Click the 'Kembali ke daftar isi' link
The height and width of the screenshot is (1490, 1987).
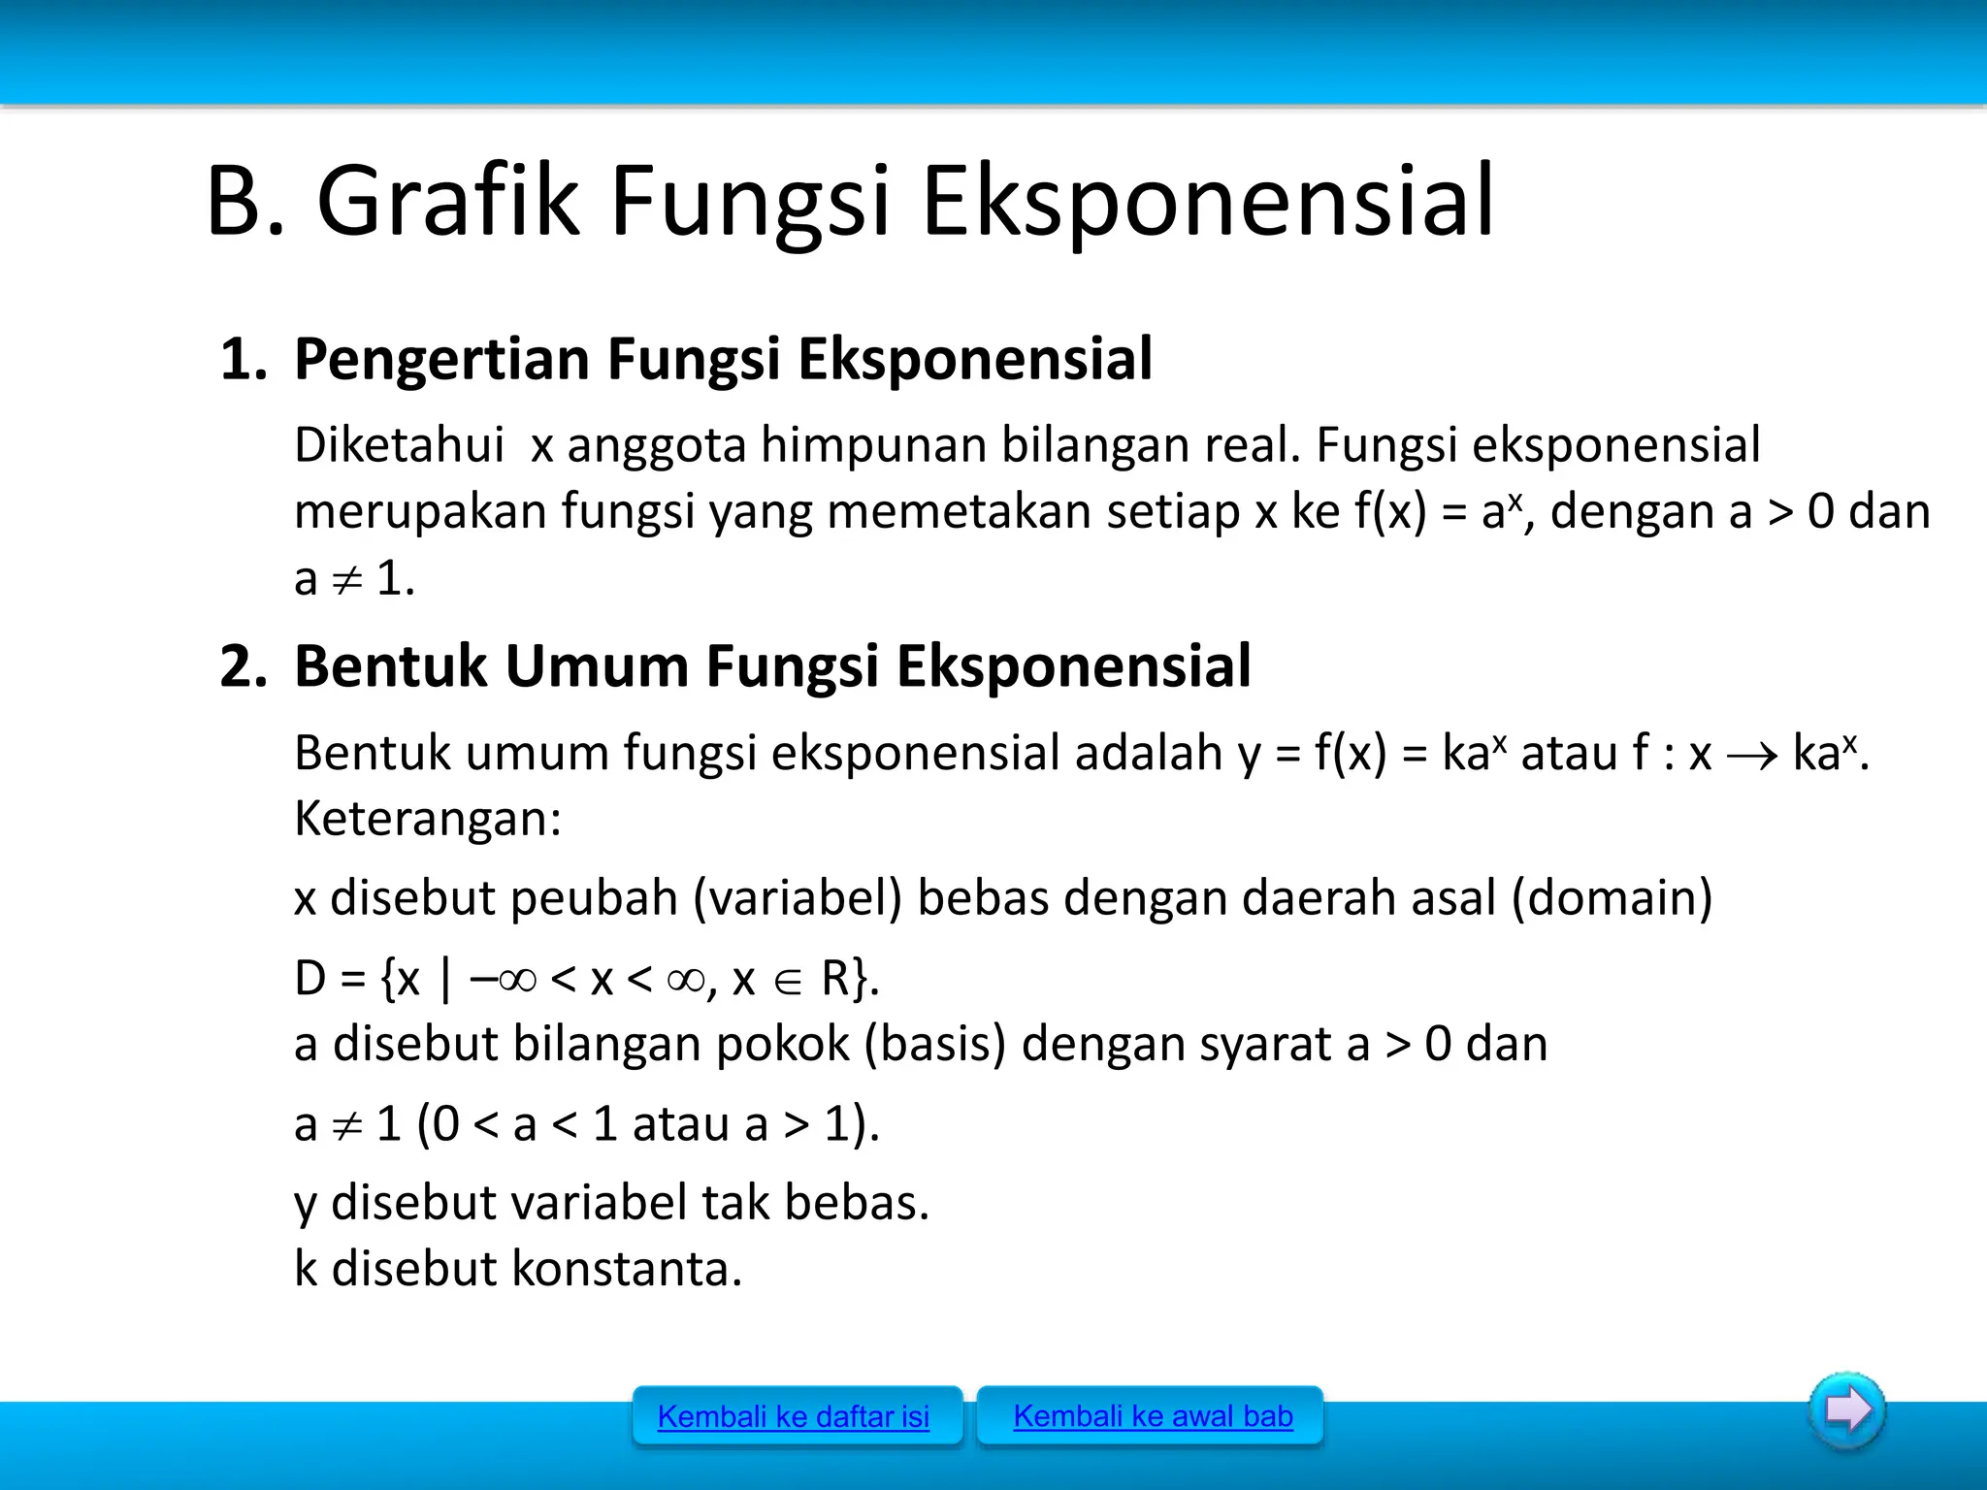(x=793, y=1417)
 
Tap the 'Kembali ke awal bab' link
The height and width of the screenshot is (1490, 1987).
(x=1153, y=1416)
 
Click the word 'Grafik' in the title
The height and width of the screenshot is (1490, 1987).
(x=447, y=202)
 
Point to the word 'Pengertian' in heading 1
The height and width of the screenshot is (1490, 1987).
(x=440, y=359)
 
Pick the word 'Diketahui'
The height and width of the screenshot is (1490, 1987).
(x=399, y=445)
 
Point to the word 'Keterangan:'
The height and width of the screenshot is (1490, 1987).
(x=428, y=818)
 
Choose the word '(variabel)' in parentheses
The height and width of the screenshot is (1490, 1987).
(x=798, y=897)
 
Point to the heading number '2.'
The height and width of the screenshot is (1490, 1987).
(x=244, y=666)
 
